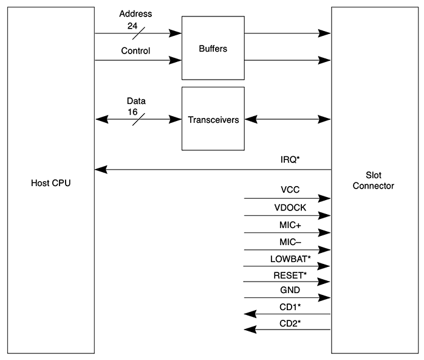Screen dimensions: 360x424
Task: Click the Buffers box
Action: pos(213,49)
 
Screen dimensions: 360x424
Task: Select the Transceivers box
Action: pos(213,119)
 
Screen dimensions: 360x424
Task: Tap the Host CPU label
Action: pos(51,182)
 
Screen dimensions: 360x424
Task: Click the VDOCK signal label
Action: pos(290,207)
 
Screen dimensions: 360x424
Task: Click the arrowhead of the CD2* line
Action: pos(249,330)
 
